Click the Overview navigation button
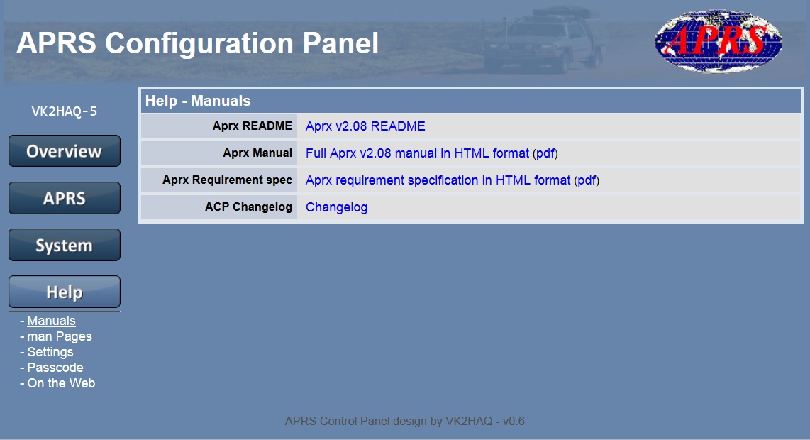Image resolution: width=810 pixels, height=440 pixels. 65,151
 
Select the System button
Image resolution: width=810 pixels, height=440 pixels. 65,245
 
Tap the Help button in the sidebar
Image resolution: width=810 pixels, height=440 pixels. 65,292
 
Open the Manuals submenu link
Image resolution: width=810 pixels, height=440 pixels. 51,321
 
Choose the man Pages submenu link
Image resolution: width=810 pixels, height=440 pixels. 60,336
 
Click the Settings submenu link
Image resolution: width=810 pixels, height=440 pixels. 50,352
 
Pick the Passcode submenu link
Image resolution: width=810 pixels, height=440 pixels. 55,368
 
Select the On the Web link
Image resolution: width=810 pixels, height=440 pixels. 61,383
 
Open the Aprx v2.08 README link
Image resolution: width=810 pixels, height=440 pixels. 365,126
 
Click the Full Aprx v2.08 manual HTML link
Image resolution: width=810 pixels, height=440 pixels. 417,153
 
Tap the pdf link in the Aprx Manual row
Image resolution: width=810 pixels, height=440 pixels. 545,153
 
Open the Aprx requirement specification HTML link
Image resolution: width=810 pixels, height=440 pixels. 438,180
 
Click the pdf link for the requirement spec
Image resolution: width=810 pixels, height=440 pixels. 587,180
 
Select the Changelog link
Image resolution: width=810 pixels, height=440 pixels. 336,207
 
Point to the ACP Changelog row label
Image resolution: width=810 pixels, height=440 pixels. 248,207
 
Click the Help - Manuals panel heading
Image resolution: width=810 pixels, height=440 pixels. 198,101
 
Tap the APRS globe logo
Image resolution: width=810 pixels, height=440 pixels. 718,41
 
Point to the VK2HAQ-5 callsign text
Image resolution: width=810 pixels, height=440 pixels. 64,111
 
